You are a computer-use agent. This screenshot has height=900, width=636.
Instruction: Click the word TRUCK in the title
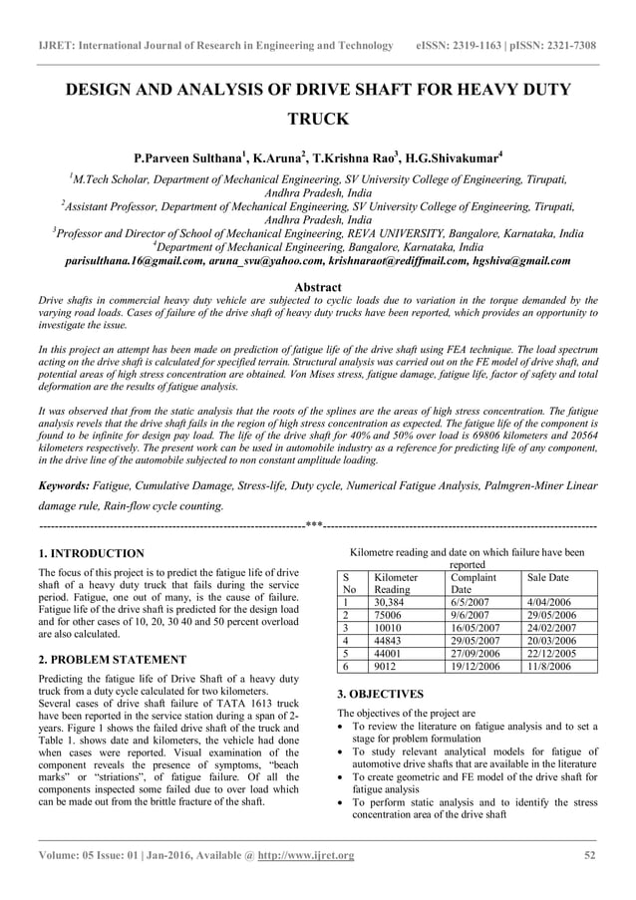click(317, 120)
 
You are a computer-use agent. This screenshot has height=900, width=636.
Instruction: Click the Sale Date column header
click(547, 577)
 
